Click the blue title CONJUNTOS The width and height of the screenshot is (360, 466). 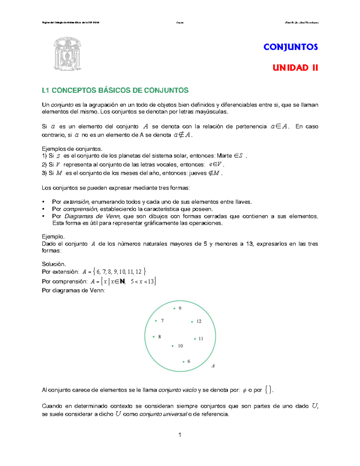pyautogui.click(x=290, y=47)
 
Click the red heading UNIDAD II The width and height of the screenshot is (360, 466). pyautogui.click(x=295, y=68)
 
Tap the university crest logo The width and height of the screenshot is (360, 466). pyautogui.click(x=67, y=54)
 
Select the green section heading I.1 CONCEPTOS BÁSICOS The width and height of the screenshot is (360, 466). pyautogui.click(x=115, y=90)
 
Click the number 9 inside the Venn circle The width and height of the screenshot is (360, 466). pyautogui.click(x=180, y=308)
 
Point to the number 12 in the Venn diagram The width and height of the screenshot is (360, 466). pyautogui.click(x=199, y=321)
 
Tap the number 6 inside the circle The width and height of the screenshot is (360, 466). pyautogui.click(x=189, y=361)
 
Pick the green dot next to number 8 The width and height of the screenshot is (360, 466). pyautogui.click(x=154, y=337)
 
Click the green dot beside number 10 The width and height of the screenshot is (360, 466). pyautogui.click(x=172, y=346)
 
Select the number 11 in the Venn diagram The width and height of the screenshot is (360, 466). pyautogui.click(x=201, y=339)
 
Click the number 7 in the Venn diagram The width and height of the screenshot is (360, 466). pyautogui.click(x=162, y=321)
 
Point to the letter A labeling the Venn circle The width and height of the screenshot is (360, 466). pyautogui.click(x=213, y=366)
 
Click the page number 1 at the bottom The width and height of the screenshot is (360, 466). pyautogui.click(x=180, y=435)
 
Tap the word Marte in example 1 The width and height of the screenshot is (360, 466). pyautogui.click(x=224, y=156)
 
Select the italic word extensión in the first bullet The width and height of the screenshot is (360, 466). pyautogui.click(x=76, y=202)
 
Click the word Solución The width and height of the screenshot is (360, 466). pyautogui.click(x=54, y=264)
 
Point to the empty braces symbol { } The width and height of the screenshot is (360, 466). pyautogui.click(x=269, y=390)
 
